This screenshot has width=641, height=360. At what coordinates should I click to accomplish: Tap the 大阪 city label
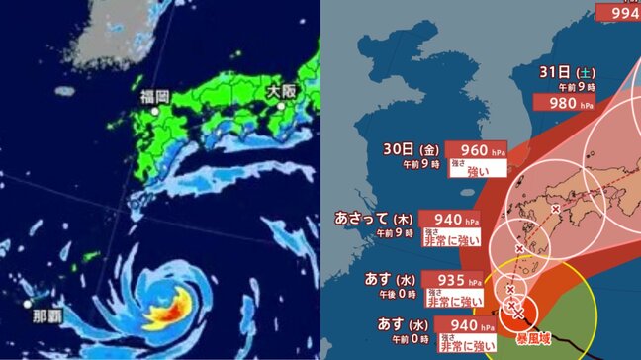282,90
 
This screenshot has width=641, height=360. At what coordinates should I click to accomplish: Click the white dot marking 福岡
156,112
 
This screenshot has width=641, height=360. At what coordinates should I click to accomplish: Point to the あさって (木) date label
374,218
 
